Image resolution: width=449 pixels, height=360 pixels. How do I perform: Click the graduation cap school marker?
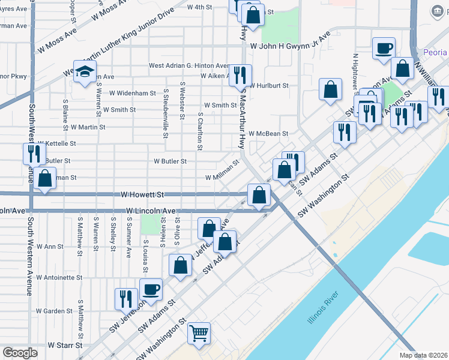[x=85, y=71]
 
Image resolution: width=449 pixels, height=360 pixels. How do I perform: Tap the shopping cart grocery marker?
[x=199, y=332]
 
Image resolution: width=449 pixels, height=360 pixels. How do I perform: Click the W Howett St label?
[x=142, y=195]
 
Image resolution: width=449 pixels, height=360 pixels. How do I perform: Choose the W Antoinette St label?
[x=59, y=278]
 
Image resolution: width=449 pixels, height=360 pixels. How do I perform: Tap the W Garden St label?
[x=54, y=311]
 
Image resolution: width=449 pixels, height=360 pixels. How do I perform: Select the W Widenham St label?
[x=133, y=93]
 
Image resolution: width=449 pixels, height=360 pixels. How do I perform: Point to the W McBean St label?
[x=269, y=134]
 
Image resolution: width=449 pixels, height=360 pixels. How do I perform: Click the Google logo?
[x=20, y=353]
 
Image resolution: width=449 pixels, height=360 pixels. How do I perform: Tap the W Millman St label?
[x=222, y=178]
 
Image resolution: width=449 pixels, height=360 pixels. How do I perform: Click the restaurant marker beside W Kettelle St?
[x=34, y=154]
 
